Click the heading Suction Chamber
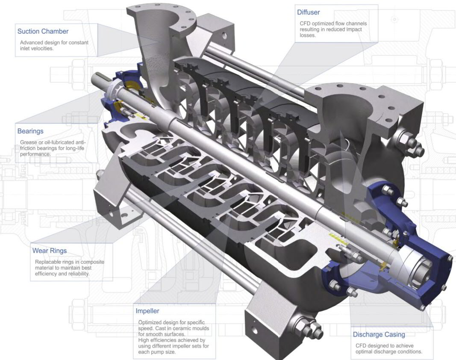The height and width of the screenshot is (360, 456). click(43, 31)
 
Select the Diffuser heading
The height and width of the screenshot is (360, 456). click(308, 12)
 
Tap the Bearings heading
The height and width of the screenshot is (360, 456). click(30, 131)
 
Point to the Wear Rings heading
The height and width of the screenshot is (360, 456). click(50, 251)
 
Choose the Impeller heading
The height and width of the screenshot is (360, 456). click(147, 311)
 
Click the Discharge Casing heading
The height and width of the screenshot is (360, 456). click(379, 334)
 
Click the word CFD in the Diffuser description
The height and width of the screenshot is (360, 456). click(303, 24)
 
